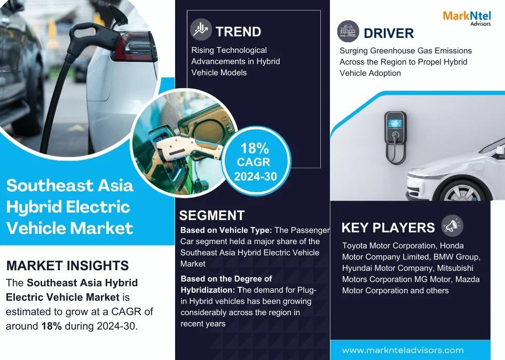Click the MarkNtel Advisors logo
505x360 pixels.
click(x=467, y=18)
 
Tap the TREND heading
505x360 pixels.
click(x=238, y=32)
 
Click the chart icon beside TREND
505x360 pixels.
click(x=201, y=29)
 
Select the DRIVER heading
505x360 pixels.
click(x=389, y=33)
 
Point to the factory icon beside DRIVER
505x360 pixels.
click(x=348, y=32)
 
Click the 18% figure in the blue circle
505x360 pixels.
click(x=254, y=148)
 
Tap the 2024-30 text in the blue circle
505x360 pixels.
click(x=255, y=176)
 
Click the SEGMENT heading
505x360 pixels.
click(x=212, y=215)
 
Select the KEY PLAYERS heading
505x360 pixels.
click(x=388, y=228)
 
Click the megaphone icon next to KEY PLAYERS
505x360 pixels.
click(x=452, y=225)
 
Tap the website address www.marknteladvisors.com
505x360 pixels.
click(x=403, y=350)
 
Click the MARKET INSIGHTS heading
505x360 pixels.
click(x=68, y=265)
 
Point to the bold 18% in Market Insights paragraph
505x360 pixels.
click(x=52, y=326)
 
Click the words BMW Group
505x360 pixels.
click(x=457, y=257)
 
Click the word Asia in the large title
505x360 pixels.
click(x=115, y=185)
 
